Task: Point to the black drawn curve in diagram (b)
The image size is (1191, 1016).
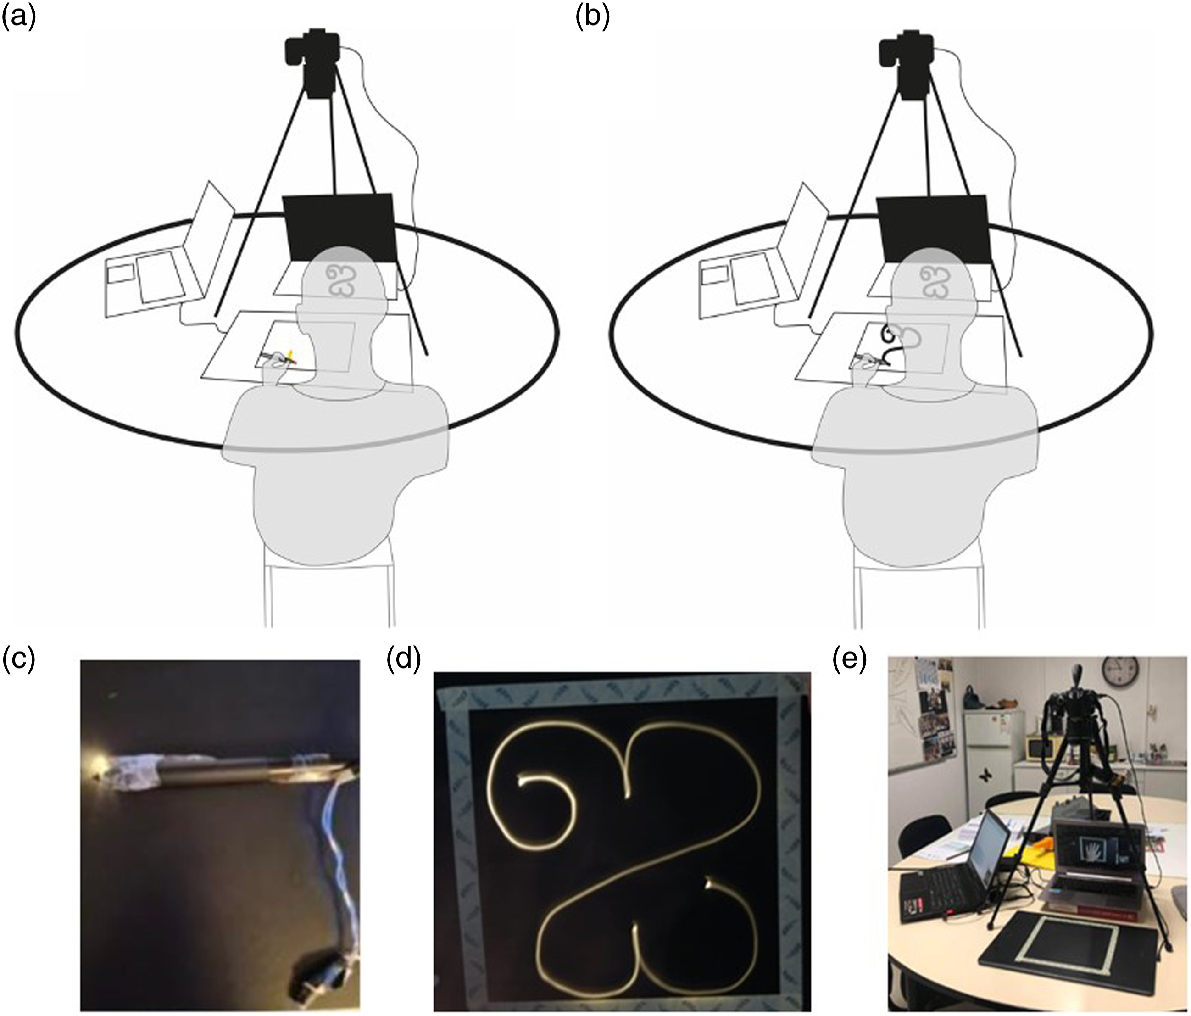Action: [888, 345]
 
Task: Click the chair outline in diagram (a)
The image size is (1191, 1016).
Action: [328, 584]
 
